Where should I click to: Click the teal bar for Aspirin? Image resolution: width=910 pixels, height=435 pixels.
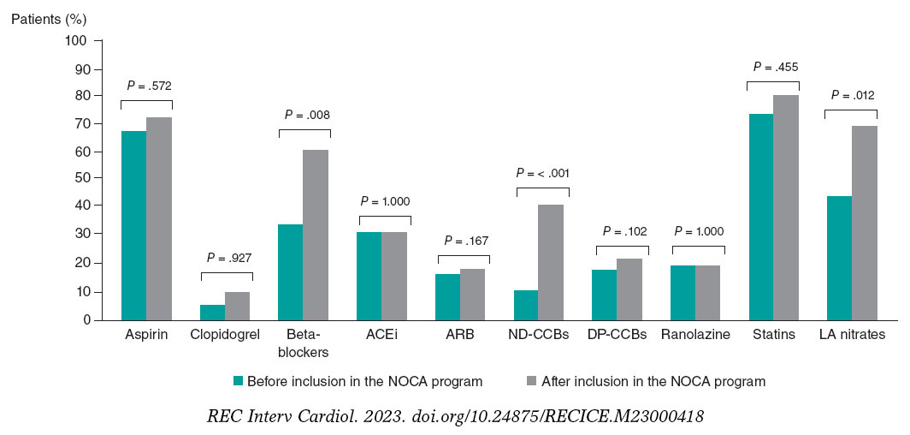[x=133, y=226]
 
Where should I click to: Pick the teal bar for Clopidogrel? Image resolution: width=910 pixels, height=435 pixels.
[x=213, y=313]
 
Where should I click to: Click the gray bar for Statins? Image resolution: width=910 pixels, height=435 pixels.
[x=787, y=208]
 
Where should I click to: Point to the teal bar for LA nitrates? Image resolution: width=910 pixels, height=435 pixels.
[x=839, y=258]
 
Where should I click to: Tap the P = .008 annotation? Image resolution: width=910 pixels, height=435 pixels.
[x=305, y=115]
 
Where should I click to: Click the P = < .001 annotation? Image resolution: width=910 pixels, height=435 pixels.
[x=542, y=172]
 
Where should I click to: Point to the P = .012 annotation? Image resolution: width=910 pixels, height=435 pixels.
[x=851, y=95]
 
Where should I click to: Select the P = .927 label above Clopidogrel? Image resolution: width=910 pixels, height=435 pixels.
[x=227, y=258]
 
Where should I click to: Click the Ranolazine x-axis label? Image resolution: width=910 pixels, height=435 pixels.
[x=695, y=335]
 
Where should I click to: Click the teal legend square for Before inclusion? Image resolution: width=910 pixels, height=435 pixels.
[x=239, y=381]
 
